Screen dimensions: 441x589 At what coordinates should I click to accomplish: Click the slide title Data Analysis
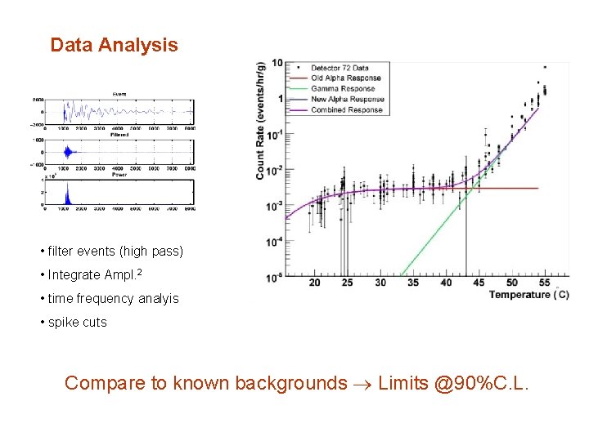[114, 45]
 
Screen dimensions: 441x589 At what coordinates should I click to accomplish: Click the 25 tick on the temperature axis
[348, 283]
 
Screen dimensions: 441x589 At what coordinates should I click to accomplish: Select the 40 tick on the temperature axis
[446, 283]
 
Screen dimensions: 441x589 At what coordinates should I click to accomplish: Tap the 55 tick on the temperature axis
[544, 283]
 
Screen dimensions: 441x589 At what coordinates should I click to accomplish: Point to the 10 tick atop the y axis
[277, 64]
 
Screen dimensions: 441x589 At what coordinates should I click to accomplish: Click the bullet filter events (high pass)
[110, 251]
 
